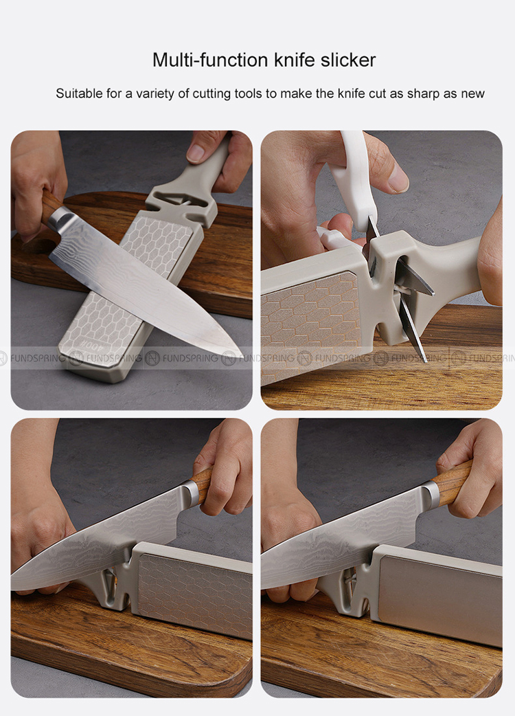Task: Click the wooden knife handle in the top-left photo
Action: [49, 206]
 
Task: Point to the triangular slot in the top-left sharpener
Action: [182, 201]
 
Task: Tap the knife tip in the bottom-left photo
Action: [13, 587]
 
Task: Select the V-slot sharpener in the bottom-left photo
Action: [106, 585]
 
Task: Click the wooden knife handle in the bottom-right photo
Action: [451, 482]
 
